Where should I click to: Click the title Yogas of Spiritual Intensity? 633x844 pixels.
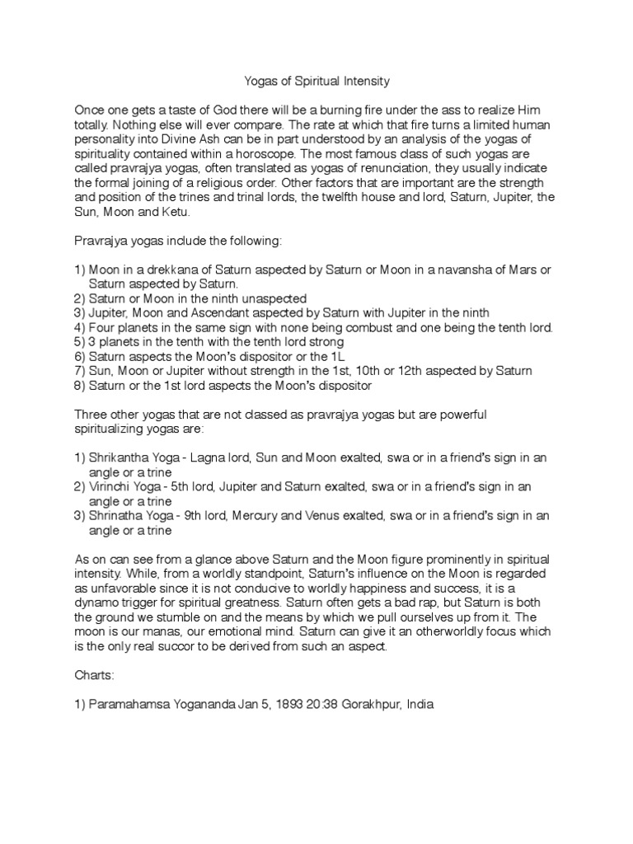coord(316,82)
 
